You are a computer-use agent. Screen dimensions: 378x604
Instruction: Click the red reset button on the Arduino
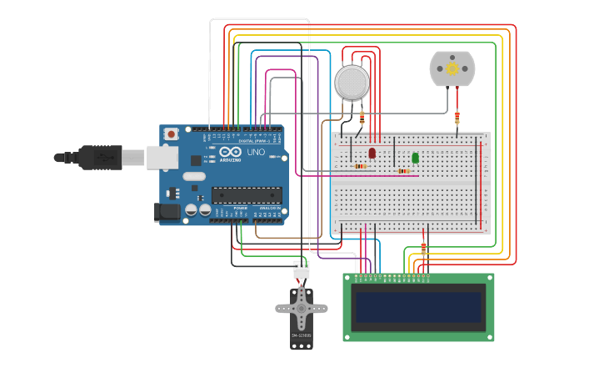[171, 134]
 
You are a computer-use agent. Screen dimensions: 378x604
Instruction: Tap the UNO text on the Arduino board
[256, 153]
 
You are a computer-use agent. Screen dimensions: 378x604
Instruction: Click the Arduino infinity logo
[230, 152]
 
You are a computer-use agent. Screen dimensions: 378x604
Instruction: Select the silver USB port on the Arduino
[162, 157]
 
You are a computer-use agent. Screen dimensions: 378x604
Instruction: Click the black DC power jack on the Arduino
[167, 212]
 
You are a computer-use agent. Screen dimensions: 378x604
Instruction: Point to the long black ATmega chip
[246, 195]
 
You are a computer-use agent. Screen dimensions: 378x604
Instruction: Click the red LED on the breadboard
[372, 154]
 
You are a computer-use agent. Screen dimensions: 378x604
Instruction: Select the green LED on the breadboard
[415, 158]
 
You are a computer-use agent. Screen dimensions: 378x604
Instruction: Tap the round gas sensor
[352, 83]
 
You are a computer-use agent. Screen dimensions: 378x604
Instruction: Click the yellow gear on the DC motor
[452, 68]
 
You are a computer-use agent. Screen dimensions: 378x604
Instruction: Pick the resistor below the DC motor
[457, 117]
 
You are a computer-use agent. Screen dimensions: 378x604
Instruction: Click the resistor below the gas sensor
[362, 117]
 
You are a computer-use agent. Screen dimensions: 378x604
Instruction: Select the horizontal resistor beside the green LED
[403, 171]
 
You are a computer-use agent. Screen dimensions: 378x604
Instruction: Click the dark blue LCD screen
[418, 307]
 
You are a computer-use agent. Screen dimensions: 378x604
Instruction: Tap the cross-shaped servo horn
[302, 309]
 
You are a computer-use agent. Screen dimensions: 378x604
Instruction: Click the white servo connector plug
[301, 270]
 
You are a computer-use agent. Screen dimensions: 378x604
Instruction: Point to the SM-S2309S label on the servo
[302, 335]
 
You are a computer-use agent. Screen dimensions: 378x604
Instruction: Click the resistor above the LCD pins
[423, 248]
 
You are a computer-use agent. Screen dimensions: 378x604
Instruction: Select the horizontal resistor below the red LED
[360, 166]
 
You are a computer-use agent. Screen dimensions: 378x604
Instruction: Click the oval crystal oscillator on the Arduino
[194, 176]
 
